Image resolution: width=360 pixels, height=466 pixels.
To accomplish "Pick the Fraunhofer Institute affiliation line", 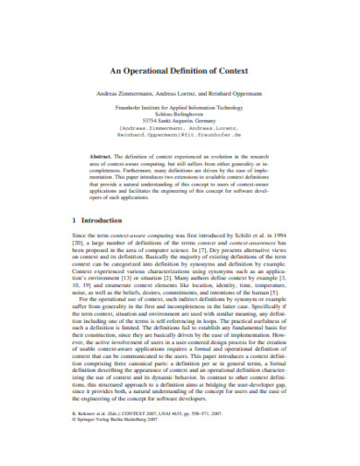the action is [x=179, y=108].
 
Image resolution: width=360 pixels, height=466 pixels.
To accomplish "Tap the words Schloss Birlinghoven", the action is [x=179, y=114].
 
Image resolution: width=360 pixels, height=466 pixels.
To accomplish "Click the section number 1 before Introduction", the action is [x=74, y=221].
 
